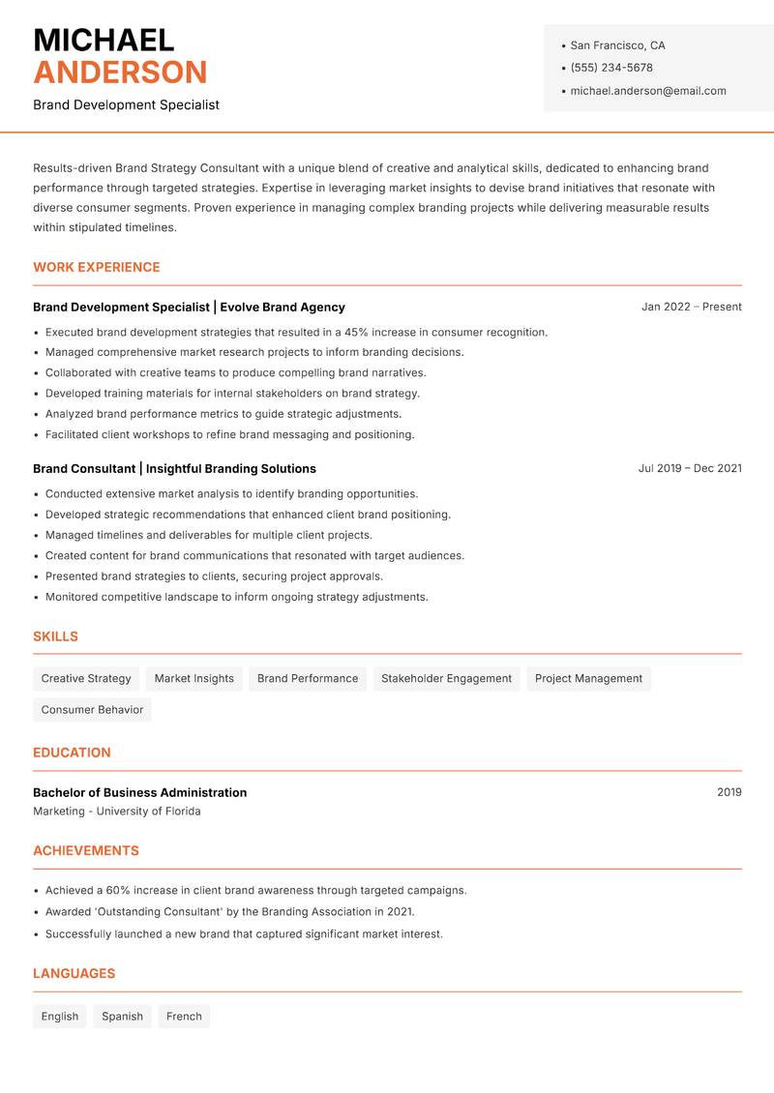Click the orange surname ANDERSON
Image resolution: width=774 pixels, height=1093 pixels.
(120, 73)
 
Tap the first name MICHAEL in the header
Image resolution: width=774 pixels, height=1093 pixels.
(104, 41)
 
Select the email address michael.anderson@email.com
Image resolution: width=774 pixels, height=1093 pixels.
(648, 91)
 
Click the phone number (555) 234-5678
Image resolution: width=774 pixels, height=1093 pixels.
(611, 68)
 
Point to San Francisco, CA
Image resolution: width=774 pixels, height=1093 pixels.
(617, 45)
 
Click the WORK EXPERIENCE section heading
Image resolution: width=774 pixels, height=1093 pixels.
(97, 267)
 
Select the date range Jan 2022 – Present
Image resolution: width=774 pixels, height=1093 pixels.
(691, 307)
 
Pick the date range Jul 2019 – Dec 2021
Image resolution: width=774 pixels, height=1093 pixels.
(690, 468)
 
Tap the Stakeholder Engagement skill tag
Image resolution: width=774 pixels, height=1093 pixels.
(446, 679)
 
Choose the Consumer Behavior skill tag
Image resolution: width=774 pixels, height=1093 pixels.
(92, 710)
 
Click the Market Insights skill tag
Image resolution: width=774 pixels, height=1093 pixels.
(193, 679)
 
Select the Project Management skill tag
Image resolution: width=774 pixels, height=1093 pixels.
(588, 679)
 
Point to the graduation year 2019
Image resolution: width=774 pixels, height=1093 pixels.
(729, 792)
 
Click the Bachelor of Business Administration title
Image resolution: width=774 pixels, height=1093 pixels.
(139, 792)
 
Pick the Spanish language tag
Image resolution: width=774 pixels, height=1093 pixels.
(122, 1017)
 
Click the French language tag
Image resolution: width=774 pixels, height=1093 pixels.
(184, 1017)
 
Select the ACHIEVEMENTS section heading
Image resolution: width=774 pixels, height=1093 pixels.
(86, 851)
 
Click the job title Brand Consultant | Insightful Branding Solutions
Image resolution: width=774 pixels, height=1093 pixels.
(174, 468)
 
